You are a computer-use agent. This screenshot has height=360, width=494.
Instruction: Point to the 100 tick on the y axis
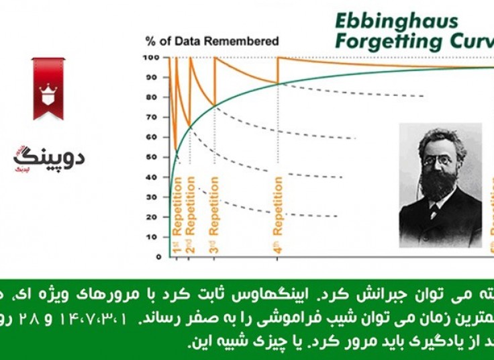[154, 57]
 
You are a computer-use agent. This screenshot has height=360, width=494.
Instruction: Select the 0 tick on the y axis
[158, 257]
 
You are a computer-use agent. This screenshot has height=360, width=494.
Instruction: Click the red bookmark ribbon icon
[48, 88]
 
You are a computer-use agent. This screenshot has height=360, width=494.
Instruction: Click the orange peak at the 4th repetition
[279, 58]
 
